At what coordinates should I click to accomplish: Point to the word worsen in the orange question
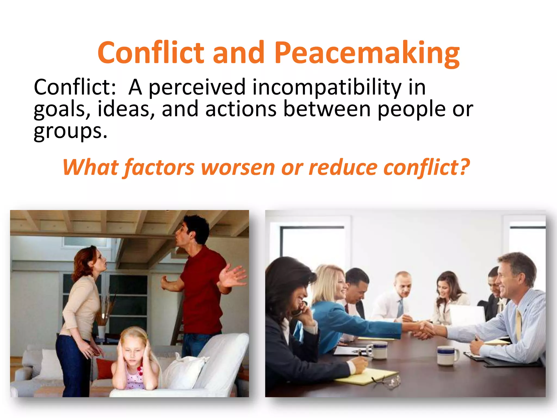(238, 167)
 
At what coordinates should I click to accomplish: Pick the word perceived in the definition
(197, 87)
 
